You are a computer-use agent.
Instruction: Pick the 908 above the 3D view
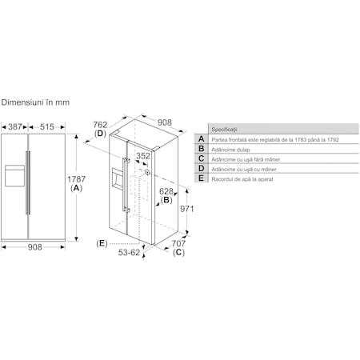164,122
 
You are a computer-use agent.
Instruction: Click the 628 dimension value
166,191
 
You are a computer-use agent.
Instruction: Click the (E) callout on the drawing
102,242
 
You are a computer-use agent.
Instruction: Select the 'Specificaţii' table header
224,129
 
